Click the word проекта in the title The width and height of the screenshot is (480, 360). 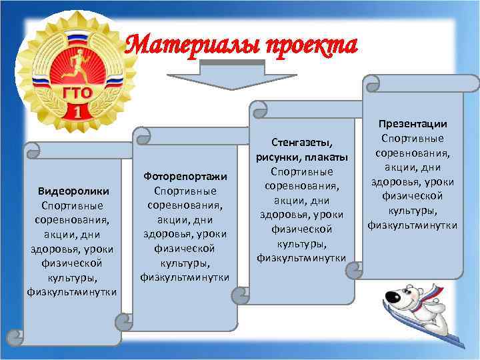pyautogui.click(x=310, y=45)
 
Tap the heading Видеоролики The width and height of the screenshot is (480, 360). pyautogui.click(x=73, y=191)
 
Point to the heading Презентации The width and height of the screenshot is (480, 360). pyautogui.click(x=413, y=124)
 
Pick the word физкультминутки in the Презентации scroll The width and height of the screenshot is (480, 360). pyautogui.click(x=413, y=225)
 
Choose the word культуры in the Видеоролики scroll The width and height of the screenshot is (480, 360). pyautogui.click(x=73, y=277)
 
